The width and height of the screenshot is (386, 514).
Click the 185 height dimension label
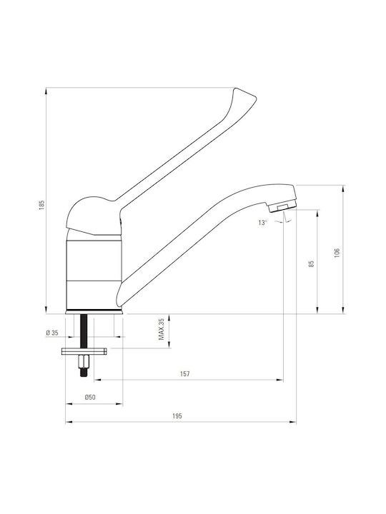click(x=41, y=205)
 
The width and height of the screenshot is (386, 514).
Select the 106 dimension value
click(x=337, y=253)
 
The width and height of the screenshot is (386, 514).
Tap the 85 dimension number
click(x=312, y=263)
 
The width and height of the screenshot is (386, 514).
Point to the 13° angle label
click(x=262, y=223)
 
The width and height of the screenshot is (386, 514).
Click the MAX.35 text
click(x=161, y=329)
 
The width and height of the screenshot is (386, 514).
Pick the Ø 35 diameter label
click(x=52, y=333)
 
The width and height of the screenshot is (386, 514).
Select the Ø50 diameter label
click(x=90, y=398)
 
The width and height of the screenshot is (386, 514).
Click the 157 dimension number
click(x=185, y=373)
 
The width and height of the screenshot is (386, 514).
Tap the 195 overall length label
click(x=177, y=416)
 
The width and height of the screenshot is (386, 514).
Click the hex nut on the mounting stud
click(x=84, y=362)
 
